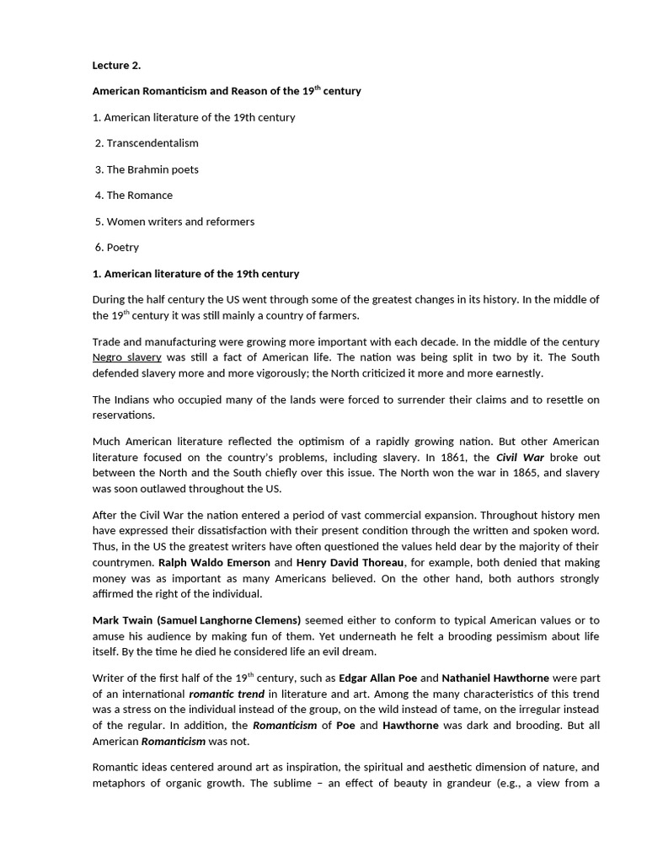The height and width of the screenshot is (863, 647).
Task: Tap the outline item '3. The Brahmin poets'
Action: click(x=147, y=169)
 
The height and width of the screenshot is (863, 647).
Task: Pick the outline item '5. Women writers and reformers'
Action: click(x=174, y=222)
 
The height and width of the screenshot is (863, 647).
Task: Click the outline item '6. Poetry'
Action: click(x=117, y=248)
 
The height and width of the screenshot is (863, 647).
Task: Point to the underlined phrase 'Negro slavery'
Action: click(x=126, y=357)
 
